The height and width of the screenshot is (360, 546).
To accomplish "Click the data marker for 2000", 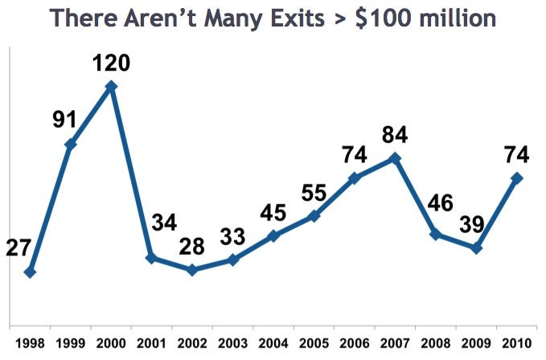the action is tap(111, 86).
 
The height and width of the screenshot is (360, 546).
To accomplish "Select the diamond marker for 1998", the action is tap(31, 272).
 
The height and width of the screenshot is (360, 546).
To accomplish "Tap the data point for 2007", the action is tap(395, 158).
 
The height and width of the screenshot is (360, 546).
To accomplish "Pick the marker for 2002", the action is tap(192, 269).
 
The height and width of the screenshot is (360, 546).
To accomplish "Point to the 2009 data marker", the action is tap(476, 248).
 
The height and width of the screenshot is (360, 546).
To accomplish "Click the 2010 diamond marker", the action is tap(516, 178).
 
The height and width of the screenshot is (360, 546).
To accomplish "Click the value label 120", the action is tap(111, 63).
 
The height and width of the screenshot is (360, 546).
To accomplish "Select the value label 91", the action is tap(65, 119).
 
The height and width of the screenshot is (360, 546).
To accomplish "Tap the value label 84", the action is tap(395, 135).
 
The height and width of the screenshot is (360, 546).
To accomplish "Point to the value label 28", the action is tap(192, 247).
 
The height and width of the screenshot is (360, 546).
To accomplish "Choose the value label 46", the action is tap(441, 202).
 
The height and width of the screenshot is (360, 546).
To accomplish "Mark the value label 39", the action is tap(472, 224).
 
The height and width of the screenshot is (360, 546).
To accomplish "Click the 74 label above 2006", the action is tap(354, 154).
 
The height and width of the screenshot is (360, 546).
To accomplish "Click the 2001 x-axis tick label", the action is tap(151, 344).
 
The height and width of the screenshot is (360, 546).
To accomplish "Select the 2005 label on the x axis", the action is tap(314, 344).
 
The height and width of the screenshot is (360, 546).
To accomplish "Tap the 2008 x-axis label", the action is tap(435, 344).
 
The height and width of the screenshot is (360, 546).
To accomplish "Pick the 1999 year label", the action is tap(70, 344).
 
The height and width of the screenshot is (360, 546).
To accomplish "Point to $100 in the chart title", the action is tap(384, 18).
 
